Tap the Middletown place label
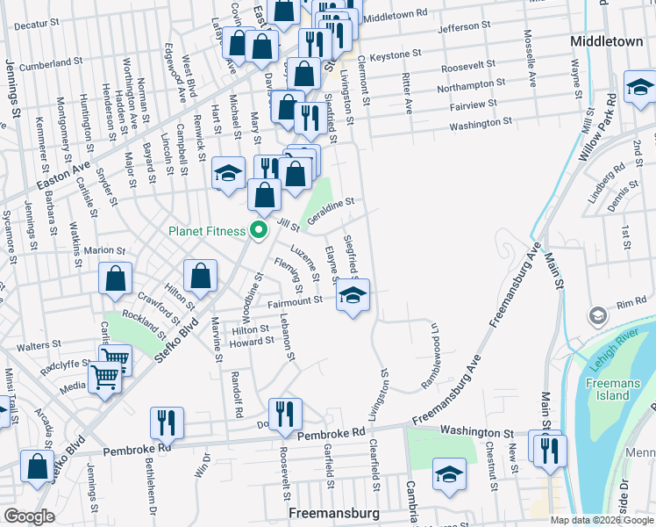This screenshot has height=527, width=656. (606, 41)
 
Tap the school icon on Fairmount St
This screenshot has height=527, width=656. (352, 296)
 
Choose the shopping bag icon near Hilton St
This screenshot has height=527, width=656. (201, 276)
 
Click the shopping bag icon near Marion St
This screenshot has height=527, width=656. (116, 278)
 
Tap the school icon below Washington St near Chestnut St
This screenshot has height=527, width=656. (449, 474)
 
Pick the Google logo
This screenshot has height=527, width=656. (30, 516)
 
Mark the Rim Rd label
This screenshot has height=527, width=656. (631, 303)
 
